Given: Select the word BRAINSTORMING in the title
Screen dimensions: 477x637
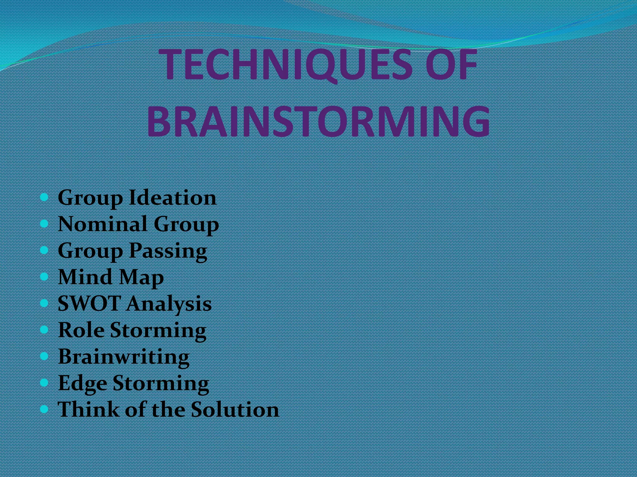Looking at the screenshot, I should (318, 121).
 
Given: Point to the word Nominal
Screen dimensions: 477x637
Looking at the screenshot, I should (103, 224).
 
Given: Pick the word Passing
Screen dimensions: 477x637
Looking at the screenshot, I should (168, 251).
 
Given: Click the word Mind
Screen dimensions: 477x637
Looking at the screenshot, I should (85, 277).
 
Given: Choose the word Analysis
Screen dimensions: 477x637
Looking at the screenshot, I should (169, 304).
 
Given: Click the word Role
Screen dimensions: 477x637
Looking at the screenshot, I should (81, 329).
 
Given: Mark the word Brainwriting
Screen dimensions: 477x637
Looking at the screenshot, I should (124, 357).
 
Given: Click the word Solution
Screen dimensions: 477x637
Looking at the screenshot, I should (235, 409).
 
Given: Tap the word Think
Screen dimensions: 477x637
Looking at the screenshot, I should (88, 409).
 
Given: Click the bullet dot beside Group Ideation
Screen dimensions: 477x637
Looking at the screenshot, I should (44, 197).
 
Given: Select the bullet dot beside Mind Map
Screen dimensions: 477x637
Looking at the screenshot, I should (44, 276).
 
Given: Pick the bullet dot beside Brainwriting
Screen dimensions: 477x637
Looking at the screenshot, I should (44, 356).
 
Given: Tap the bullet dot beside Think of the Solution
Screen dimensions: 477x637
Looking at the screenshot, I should (44, 409).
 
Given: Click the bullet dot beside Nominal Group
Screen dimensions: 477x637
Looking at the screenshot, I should (44, 224).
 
